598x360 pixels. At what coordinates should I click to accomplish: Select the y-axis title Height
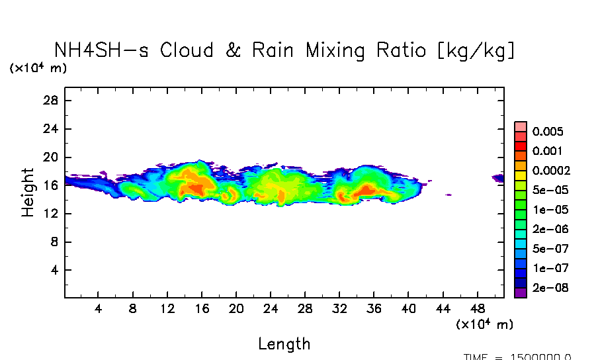28,192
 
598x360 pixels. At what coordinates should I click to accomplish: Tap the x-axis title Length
284,344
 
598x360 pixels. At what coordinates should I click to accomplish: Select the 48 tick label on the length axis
478,309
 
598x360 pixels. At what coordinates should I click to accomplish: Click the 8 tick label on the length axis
132,309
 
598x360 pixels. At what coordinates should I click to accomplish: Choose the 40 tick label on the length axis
408,309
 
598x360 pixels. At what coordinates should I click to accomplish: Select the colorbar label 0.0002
550,171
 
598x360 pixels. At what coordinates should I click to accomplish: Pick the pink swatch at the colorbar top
521,126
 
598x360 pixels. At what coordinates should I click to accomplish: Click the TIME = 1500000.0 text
517,357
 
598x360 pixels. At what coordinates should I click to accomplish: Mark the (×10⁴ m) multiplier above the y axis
38,67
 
